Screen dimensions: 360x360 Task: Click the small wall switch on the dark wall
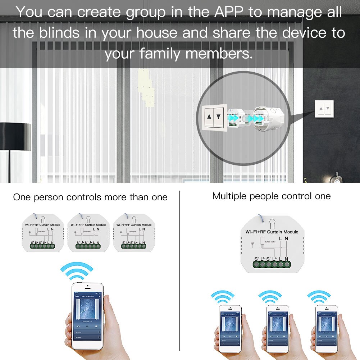pyautogui.click(x=324, y=109)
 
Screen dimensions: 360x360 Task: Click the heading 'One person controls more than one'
pyautogui.click(x=90, y=197)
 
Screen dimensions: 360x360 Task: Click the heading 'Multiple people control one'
pyautogui.click(x=271, y=196)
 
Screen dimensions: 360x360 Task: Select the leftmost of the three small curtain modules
pyautogui.click(x=43, y=232)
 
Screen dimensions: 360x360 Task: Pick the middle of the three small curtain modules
pyautogui.click(x=88, y=232)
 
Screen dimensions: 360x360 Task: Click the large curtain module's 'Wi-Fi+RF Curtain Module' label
pyautogui.click(x=272, y=232)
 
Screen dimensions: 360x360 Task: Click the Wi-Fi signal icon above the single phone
pyautogui.click(x=77, y=271)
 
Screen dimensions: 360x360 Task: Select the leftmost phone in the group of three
pyautogui.click(x=230, y=327)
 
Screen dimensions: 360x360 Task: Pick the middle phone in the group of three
pyautogui.click(x=278, y=327)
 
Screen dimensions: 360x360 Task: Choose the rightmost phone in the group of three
pyautogui.click(x=326, y=327)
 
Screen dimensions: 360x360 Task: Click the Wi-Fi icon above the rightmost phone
pyautogui.click(x=319, y=297)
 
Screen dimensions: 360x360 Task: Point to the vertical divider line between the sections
pyautogui.click(x=179, y=270)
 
